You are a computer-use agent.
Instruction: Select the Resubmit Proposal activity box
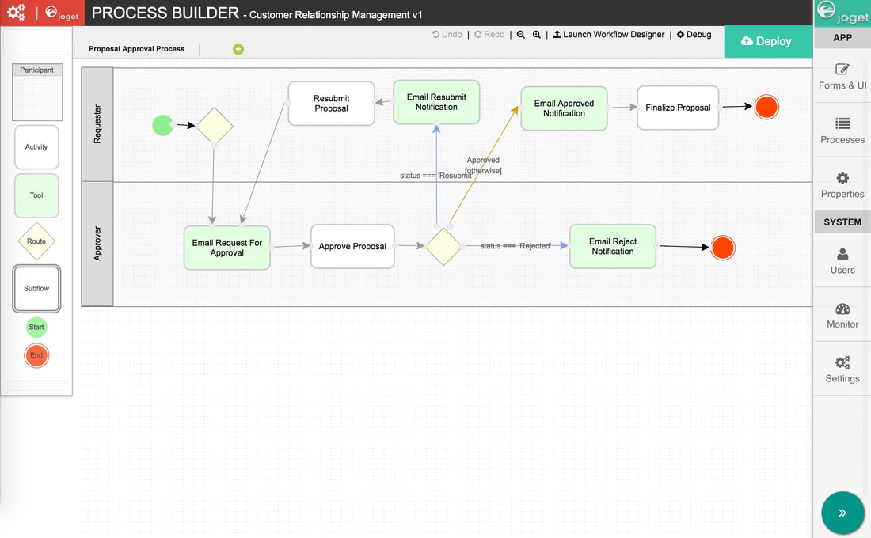[331, 104]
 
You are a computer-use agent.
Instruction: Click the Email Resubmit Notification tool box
[436, 102]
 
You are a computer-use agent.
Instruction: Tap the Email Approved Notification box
[564, 108]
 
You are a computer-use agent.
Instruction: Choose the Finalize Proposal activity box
[678, 108]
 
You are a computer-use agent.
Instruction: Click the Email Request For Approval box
[227, 248]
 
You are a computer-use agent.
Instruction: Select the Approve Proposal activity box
[352, 247]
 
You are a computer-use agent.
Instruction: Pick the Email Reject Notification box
[612, 247]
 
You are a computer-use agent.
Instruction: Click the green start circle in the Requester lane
[162, 125]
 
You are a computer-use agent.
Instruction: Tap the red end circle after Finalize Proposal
[766, 107]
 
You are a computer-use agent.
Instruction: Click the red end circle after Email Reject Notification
[722, 248]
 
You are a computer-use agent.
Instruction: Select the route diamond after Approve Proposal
[443, 247]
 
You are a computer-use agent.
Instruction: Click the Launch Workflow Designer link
[609, 35]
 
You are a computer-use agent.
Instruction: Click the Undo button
[447, 35]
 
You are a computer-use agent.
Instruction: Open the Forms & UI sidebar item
[842, 77]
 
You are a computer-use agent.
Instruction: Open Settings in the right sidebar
[842, 369]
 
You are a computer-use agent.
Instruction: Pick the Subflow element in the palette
[36, 288]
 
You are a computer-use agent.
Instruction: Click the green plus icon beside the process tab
[238, 49]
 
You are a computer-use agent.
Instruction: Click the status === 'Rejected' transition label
[515, 246]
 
